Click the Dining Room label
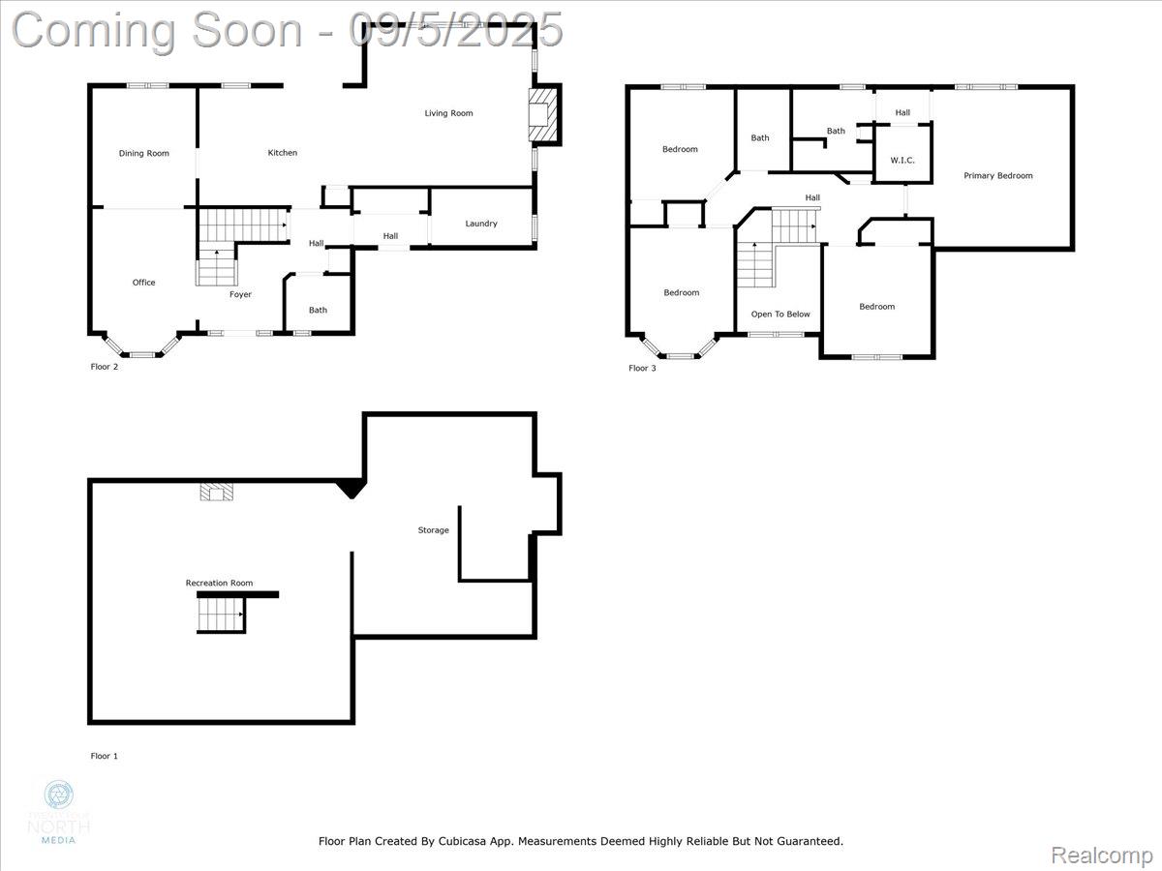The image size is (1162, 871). pos(144,153)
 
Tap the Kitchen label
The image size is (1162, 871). pos(283,153)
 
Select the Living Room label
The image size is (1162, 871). pos(448,113)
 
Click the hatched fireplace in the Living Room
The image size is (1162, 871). pos(543,115)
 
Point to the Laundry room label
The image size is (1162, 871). pos(481,224)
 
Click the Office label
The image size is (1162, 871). pos(144,283)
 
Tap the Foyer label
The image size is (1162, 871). pos(240,294)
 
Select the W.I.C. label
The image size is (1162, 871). pos(902,161)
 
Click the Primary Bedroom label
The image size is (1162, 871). pos(997,176)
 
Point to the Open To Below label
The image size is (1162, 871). pos(780,315)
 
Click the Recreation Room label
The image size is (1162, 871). pos(219,583)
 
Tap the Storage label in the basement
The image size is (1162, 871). pos(433,530)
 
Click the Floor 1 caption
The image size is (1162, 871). pos(105,756)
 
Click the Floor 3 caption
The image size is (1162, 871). pos(642,368)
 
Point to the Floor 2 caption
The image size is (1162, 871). pos(105,367)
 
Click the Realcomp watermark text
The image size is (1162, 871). pos(1101,855)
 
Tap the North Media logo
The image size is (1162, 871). pos(59,811)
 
